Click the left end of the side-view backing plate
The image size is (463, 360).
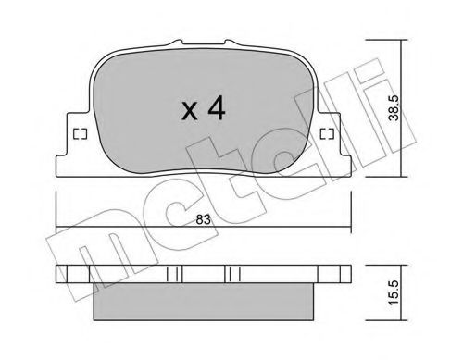point(63,275)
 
